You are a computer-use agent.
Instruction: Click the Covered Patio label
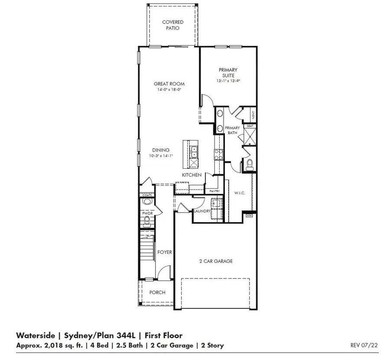click(x=172, y=25)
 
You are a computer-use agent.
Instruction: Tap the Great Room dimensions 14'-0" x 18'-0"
click(x=169, y=90)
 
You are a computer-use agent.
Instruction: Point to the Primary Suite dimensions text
click(x=228, y=81)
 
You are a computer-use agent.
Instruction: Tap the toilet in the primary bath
click(x=249, y=164)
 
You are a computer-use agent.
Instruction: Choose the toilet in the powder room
click(x=146, y=222)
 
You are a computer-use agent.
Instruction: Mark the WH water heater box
click(x=249, y=215)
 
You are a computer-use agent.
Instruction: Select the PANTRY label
click(x=214, y=191)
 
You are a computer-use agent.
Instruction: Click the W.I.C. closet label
click(x=240, y=193)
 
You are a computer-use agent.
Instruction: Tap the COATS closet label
click(x=147, y=196)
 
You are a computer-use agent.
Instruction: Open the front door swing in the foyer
click(x=161, y=273)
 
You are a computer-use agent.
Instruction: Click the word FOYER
click(x=165, y=252)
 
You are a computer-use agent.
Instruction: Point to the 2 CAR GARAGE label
click(x=216, y=261)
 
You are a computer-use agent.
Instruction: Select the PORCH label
click(x=157, y=292)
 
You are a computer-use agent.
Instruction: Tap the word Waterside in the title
click(x=36, y=335)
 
